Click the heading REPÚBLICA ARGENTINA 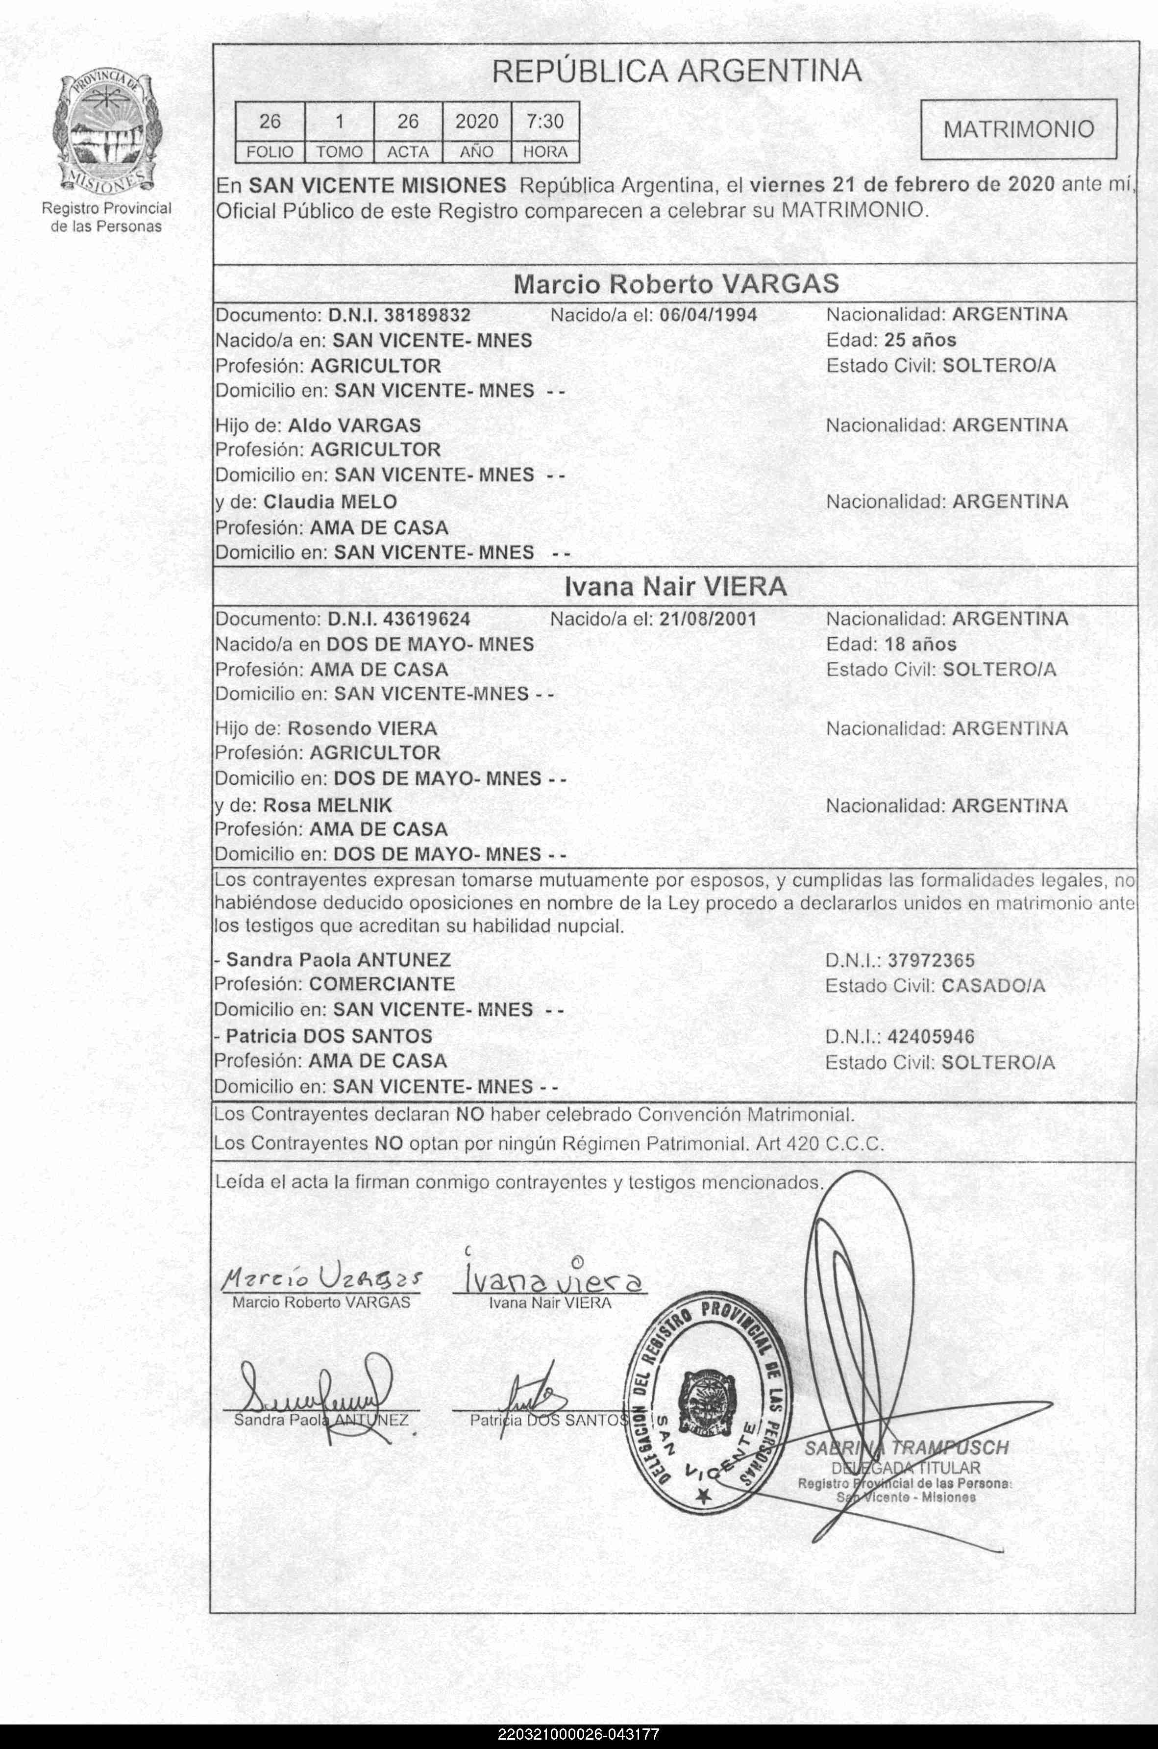(676, 72)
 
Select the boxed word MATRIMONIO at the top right (1018, 129)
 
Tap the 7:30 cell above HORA (545, 121)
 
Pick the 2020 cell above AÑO (476, 121)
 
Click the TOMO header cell (340, 152)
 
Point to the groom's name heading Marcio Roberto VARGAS (676, 284)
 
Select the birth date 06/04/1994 (708, 315)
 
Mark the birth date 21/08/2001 (708, 619)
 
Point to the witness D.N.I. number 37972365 (931, 960)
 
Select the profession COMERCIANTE (382, 985)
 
